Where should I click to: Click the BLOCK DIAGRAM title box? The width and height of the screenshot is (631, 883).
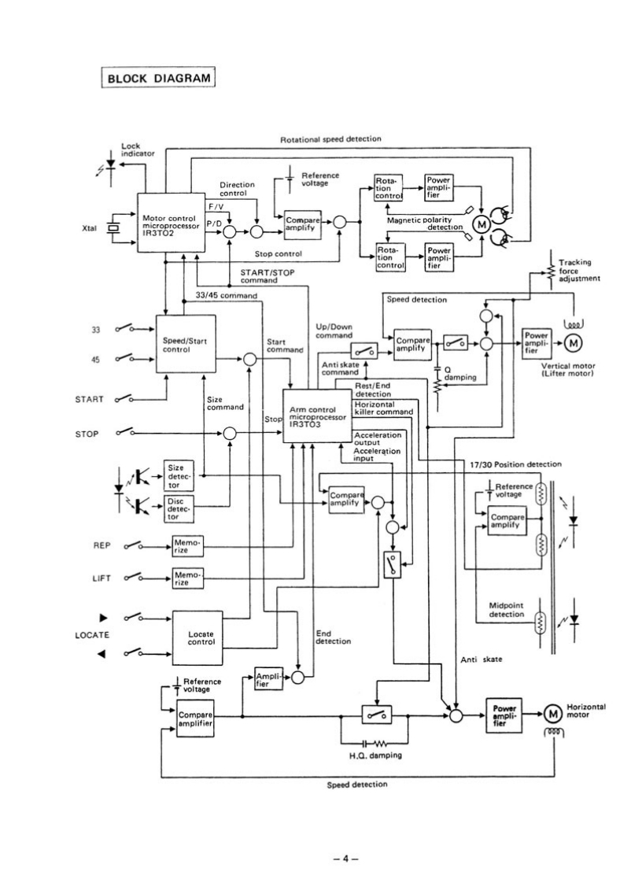[158, 79]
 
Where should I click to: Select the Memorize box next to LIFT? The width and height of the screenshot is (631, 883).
[187, 578]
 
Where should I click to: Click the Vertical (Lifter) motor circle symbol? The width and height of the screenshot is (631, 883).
[574, 342]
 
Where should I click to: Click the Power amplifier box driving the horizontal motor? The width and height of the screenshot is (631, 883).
[505, 713]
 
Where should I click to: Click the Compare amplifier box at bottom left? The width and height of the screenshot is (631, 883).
[194, 715]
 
